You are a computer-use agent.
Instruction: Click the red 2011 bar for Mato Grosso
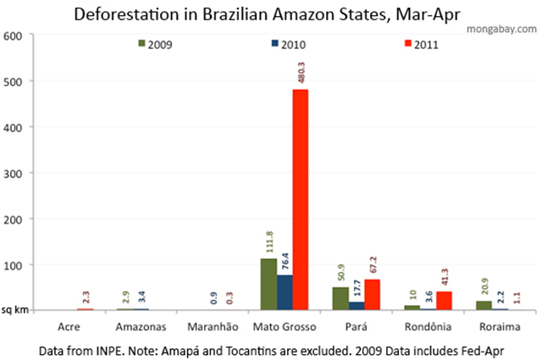coord(301,200)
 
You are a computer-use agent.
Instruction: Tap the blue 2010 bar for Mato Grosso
coord(284,292)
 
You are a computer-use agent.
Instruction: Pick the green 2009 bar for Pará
coord(339,298)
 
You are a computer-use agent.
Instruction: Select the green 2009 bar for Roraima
coord(483,306)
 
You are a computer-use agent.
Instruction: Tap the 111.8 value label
coord(268,241)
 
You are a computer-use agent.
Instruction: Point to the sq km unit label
coord(15,310)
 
